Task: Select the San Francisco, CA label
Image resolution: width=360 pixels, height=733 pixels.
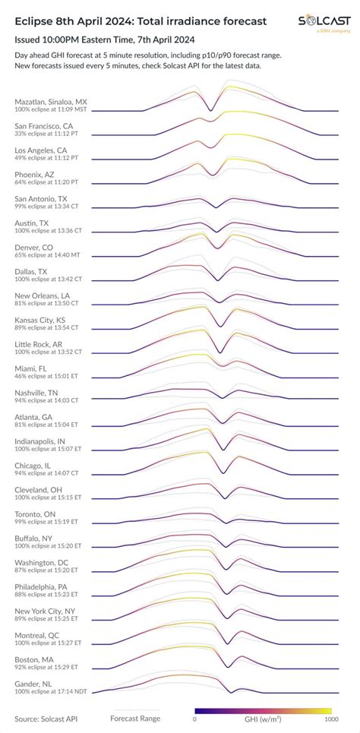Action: (44, 125)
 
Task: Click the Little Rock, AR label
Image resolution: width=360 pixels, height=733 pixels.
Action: (39, 344)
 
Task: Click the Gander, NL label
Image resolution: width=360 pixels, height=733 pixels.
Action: (34, 684)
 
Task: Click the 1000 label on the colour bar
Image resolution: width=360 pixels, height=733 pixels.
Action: (330, 719)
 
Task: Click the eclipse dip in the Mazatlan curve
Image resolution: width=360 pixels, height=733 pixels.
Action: (211, 111)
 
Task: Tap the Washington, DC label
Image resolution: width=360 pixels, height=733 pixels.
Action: (43, 563)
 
